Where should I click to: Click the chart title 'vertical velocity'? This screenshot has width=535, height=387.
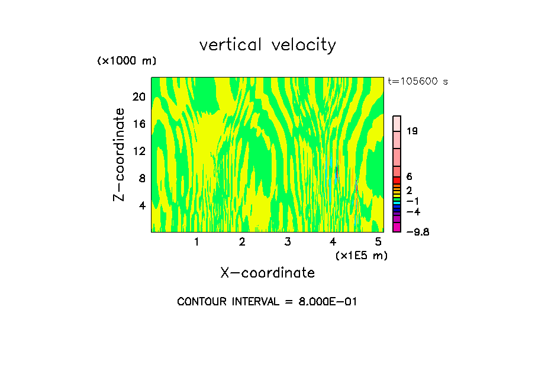pyautogui.click(x=267, y=45)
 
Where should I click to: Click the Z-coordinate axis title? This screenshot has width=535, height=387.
pyautogui.click(x=120, y=154)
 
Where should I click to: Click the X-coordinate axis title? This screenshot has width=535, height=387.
pyautogui.click(x=267, y=273)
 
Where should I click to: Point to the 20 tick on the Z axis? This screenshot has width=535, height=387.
pyautogui.click(x=138, y=96)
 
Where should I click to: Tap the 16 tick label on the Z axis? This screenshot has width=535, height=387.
pyautogui.click(x=138, y=124)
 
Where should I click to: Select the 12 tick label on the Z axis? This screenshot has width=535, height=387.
pyautogui.click(x=138, y=151)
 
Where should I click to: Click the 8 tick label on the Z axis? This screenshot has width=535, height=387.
pyautogui.click(x=141, y=178)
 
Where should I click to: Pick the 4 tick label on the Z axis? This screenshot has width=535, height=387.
pyautogui.click(x=141, y=206)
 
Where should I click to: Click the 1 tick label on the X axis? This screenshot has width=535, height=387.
pyautogui.click(x=196, y=242)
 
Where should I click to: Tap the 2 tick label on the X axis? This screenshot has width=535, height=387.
pyautogui.click(x=242, y=242)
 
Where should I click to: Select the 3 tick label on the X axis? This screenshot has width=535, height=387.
pyautogui.click(x=288, y=242)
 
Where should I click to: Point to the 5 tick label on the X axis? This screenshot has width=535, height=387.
pyautogui.click(x=379, y=242)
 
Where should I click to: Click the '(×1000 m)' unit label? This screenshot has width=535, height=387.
pyautogui.click(x=127, y=62)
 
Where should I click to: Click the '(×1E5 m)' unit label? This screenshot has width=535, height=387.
pyautogui.click(x=361, y=255)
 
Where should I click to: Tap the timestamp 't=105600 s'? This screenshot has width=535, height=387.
pyautogui.click(x=418, y=82)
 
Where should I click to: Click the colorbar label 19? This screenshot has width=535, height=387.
pyautogui.click(x=412, y=131)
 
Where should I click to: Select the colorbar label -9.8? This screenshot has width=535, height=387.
pyautogui.click(x=417, y=232)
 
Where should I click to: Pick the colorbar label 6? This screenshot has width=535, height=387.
pyautogui.click(x=409, y=177)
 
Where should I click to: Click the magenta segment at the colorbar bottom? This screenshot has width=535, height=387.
pyautogui.click(x=397, y=227)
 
